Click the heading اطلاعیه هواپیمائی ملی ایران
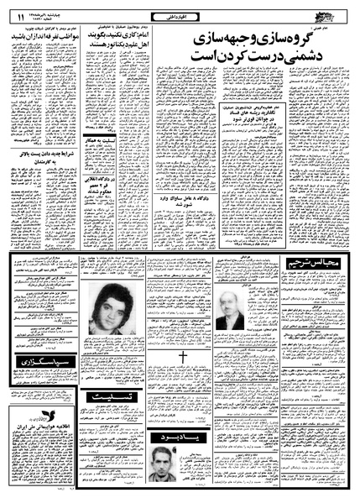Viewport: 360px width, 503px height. point(47,417)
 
